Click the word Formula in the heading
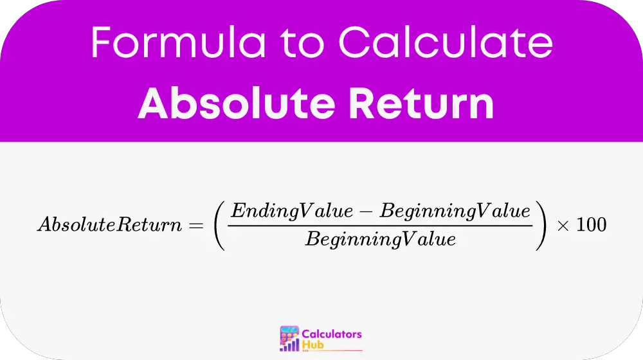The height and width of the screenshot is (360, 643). coord(178,42)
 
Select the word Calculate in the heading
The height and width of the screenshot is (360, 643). coord(446,42)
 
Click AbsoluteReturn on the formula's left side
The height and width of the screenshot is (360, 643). coord(109,224)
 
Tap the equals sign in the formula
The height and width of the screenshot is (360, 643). coord(196,225)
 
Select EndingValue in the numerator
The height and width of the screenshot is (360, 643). coord(291,211)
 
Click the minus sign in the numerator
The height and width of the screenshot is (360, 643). coord(367,212)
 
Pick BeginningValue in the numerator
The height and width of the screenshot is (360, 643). coord(455,211)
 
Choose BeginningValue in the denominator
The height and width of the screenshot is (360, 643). coord(380,239)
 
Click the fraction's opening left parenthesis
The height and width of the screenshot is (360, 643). coord(220,225)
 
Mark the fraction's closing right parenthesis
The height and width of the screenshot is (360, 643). coord(541,225)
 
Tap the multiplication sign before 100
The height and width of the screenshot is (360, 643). coord(563,226)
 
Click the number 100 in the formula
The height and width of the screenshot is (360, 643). coord(592,225)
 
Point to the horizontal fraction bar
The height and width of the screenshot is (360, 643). coord(380,226)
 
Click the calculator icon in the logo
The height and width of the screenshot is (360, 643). coord(289,339)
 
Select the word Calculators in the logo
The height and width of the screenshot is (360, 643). coord(332,334)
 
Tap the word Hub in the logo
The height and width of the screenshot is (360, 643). coord(313,345)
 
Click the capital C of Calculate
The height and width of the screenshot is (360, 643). coord(353,42)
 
